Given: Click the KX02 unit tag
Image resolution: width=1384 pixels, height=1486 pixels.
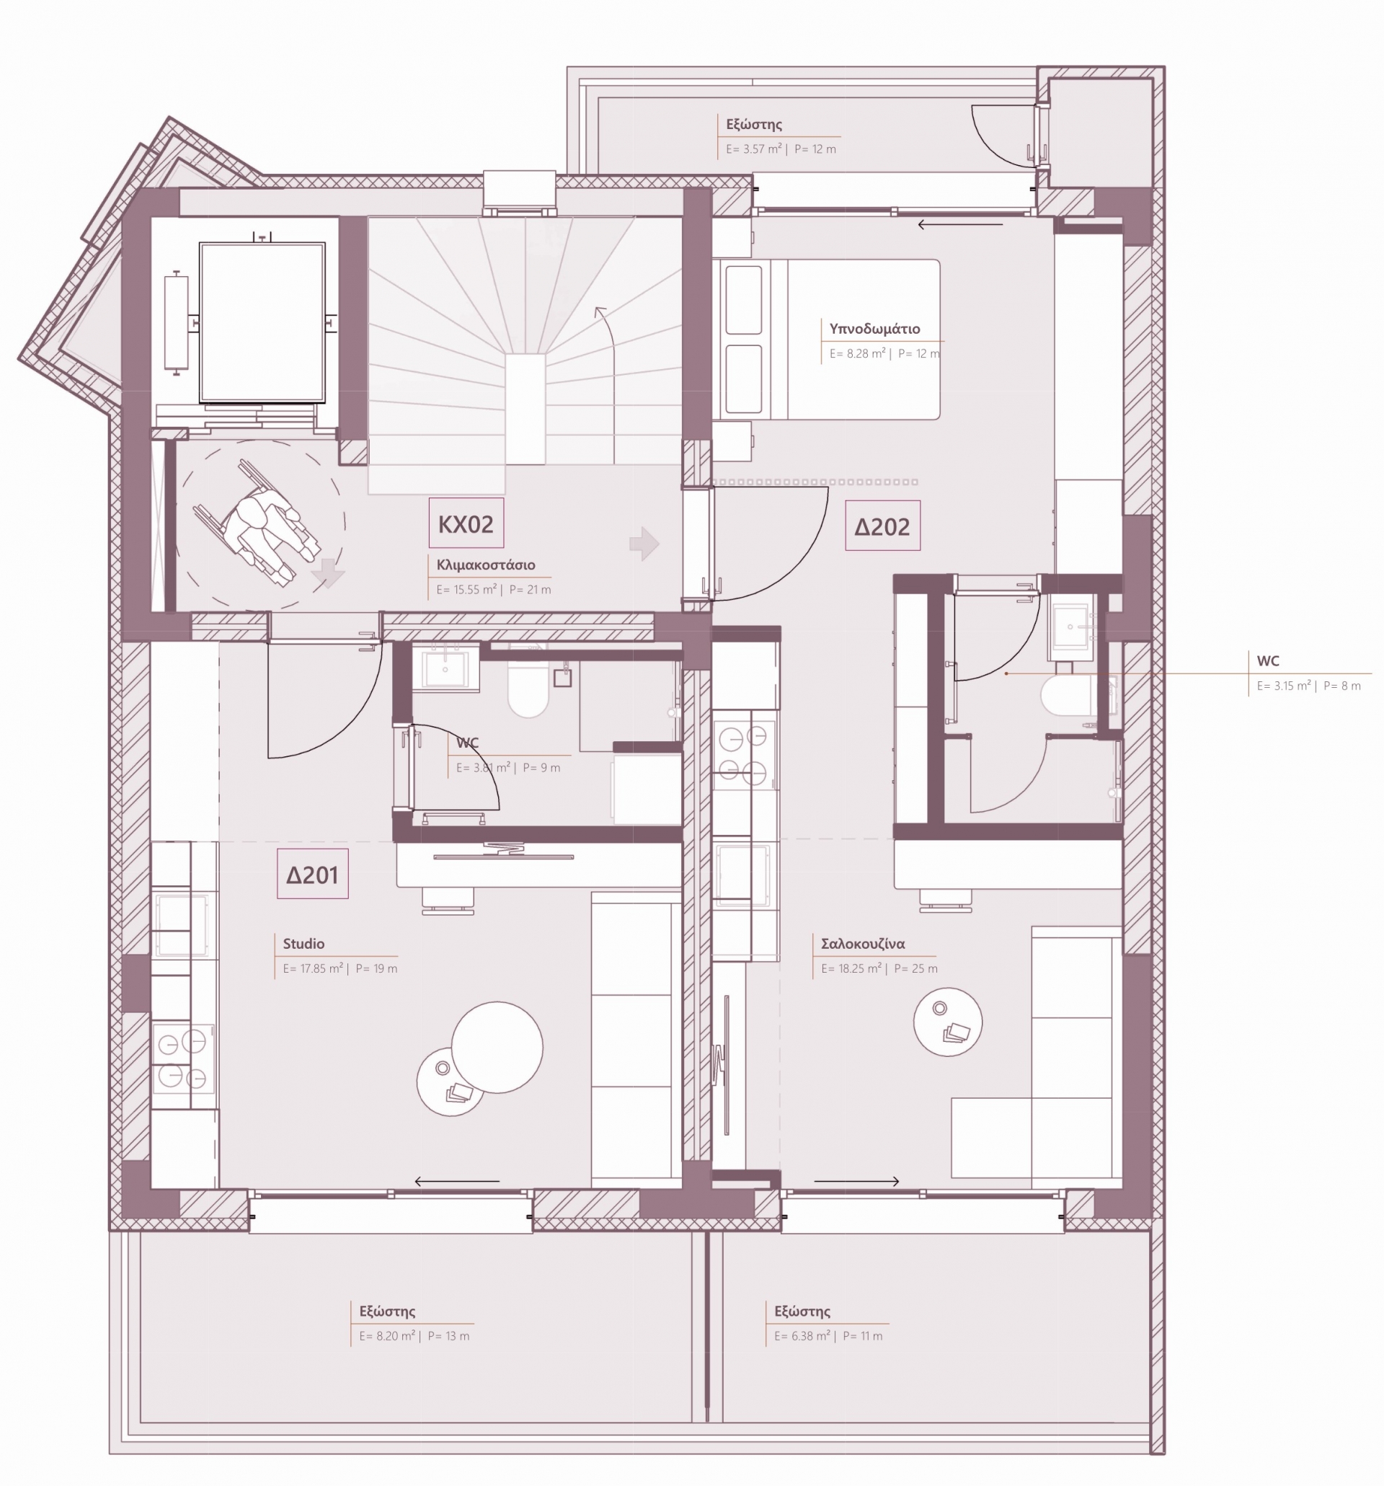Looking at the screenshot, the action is click(466, 523).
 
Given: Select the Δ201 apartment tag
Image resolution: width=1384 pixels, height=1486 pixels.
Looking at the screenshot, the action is click(312, 874).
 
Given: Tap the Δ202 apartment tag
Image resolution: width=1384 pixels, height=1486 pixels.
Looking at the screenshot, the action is click(882, 526).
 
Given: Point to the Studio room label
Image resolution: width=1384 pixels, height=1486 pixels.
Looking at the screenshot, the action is click(303, 943).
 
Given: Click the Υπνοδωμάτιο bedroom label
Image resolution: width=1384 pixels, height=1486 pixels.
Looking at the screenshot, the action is click(874, 329).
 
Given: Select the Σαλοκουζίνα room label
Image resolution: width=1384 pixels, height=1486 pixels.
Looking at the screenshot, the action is click(862, 943).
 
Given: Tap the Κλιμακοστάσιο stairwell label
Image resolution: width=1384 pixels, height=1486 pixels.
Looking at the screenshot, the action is click(486, 565).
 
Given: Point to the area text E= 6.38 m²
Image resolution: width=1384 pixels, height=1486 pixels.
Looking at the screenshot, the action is click(802, 1336).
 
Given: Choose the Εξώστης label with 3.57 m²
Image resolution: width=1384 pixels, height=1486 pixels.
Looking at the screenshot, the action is click(754, 125).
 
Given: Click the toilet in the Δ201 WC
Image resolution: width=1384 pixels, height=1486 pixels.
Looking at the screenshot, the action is click(528, 688).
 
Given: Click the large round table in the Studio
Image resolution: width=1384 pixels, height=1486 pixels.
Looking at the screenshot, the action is click(497, 1046).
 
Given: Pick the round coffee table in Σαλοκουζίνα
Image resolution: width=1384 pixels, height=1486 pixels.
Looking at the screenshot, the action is click(948, 1022).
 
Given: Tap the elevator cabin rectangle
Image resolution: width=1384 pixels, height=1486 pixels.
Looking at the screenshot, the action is click(262, 322).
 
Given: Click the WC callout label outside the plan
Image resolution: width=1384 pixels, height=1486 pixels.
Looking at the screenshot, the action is click(1268, 660).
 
